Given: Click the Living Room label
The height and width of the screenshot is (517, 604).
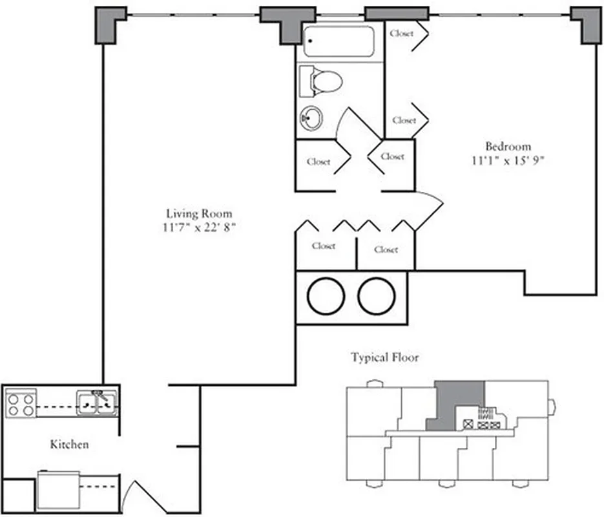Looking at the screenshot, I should pos(199,213).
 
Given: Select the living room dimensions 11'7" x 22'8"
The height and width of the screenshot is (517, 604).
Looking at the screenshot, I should pos(199,227).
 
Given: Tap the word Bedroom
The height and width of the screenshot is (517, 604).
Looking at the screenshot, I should pos(508,146).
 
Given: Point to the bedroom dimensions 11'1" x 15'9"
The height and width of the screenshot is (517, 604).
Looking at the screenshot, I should pos(508,160).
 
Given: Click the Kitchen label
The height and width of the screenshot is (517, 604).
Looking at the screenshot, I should pos(69,445).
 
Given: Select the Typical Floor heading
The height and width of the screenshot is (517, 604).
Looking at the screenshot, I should pos(384,357).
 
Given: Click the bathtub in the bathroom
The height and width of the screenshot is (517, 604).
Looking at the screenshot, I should pos(340,41).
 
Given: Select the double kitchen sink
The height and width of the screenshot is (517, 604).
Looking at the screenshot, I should pos(97,403).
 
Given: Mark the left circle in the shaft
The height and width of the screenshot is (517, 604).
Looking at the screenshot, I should pos(326,297).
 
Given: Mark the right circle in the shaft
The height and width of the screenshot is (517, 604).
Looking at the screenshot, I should pos(377,297).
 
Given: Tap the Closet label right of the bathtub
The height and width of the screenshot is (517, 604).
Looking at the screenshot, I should pos(402,33).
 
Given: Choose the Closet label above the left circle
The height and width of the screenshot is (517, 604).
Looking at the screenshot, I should pos(324,246).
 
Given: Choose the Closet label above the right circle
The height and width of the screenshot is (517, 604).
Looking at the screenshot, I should pos(386,249).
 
